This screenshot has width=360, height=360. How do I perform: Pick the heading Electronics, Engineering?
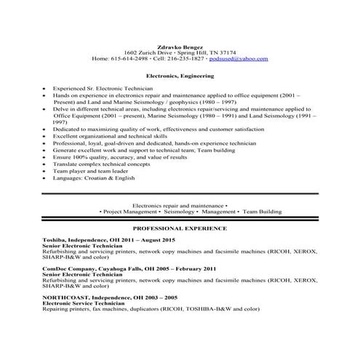(x=180, y=75)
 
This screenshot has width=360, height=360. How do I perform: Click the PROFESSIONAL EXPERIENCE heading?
(x=180, y=228)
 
